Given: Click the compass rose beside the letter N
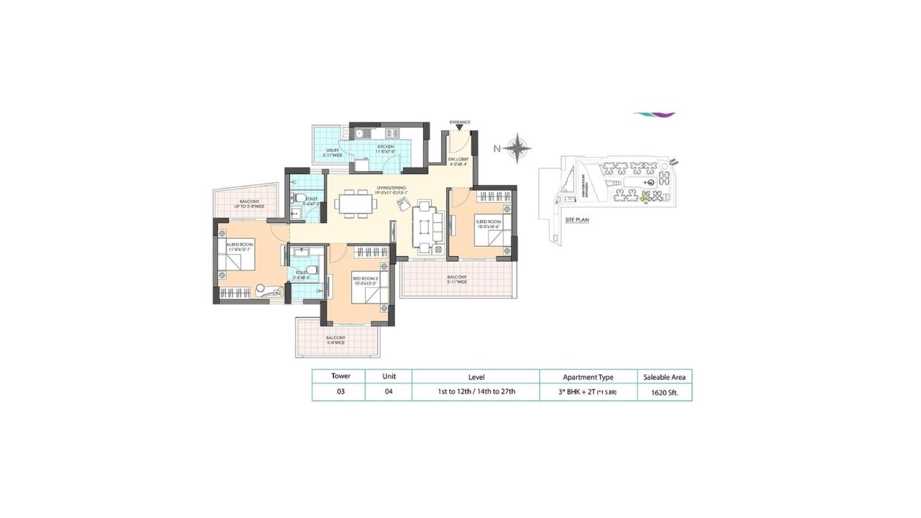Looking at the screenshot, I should (x=517, y=149).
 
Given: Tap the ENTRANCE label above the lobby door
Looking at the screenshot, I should (x=460, y=122).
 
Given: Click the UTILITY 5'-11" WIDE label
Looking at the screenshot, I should (x=331, y=153).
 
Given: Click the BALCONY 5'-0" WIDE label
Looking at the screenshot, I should (x=336, y=340).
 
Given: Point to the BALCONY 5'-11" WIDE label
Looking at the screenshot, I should (x=457, y=280).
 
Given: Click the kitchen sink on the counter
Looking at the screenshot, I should (x=360, y=133).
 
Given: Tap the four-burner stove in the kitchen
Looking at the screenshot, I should (x=392, y=133).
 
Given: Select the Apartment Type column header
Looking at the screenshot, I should (x=587, y=376).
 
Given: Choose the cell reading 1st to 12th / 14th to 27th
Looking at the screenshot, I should (x=476, y=393).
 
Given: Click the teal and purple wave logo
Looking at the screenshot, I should (x=654, y=114).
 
